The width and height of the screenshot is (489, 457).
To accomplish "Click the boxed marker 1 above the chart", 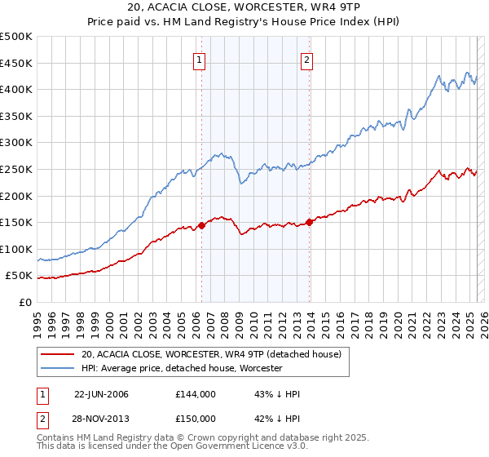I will coord(200,59).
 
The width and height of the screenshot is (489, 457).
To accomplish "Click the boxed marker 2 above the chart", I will coord(307,59).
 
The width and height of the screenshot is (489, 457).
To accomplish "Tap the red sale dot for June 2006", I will coord(201,225).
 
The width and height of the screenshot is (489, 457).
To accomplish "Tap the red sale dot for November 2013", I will coord(310,222).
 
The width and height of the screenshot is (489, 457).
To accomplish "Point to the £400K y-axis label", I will coord(17,90).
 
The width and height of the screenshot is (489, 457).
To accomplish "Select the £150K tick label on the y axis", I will coord(17,222).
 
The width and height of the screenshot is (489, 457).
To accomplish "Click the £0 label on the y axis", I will coord(24,302).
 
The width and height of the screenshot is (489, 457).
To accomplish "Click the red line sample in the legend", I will coord(58,355).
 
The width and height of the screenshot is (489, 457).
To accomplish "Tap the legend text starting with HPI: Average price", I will coord(181,368).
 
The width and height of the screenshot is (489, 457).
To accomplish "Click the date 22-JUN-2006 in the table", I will coord(101,394).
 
